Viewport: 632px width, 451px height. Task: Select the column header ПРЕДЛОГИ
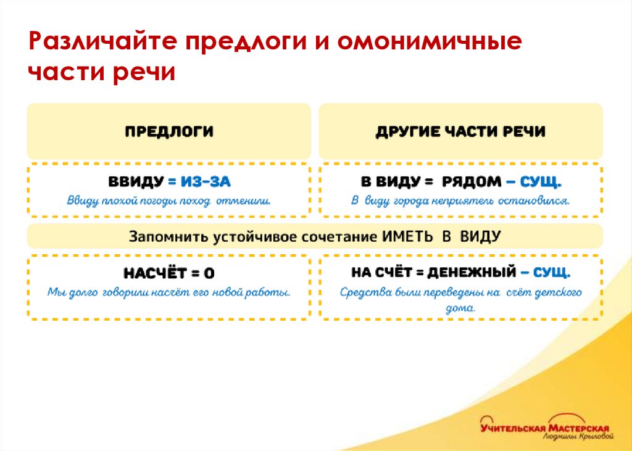tap(169, 131)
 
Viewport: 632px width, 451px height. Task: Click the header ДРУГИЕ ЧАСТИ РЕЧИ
tap(460, 131)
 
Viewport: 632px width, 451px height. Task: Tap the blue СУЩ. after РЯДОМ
tap(541, 182)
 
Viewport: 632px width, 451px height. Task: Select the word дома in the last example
tap(460, 307)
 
